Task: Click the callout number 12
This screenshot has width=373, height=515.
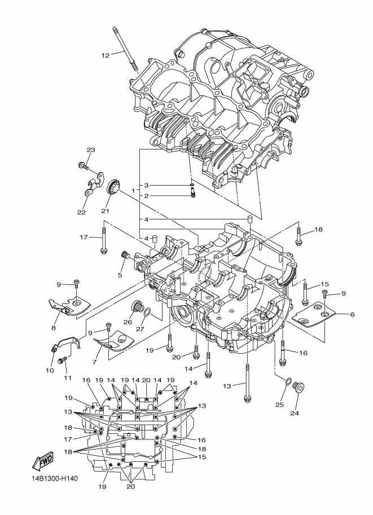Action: [x=105, y=55]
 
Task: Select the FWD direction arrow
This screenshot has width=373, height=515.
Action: [x=42, y=461]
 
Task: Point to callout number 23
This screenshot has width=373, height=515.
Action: [x=91, y=150]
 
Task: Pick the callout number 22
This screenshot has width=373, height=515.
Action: [x=81, y=212]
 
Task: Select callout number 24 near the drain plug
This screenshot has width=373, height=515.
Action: [x=295, y=413]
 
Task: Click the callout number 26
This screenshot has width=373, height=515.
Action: [x=128, y=322]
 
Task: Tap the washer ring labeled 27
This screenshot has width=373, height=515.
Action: [x=148, y=311]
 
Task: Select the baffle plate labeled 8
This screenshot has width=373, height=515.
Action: [x=69, y=307]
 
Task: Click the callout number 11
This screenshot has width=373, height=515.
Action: [x=67, y=378]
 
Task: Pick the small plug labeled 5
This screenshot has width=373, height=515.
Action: [x=125, y=255]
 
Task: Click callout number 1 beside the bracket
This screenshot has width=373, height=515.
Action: [x=133, y=191]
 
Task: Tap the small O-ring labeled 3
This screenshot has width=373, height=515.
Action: [x=192, y=185]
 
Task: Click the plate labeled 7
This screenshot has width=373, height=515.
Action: [x=113, y=342]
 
